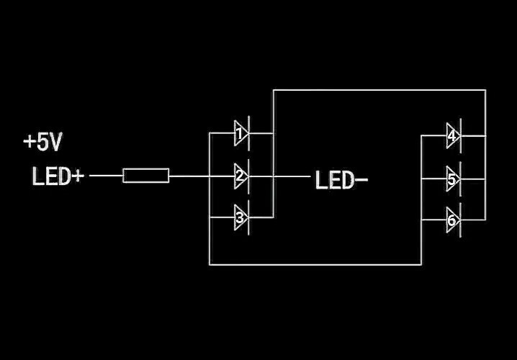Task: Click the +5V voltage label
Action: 42,143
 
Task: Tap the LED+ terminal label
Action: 58,176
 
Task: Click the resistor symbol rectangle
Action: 146,175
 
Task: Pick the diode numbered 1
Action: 240,133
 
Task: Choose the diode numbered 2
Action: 240,175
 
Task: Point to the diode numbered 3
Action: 240,217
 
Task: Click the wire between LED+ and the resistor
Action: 106,175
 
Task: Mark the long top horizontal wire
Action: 379,90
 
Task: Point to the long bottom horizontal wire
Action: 315,264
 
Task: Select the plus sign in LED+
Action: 78,176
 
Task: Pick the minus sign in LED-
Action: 361,180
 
